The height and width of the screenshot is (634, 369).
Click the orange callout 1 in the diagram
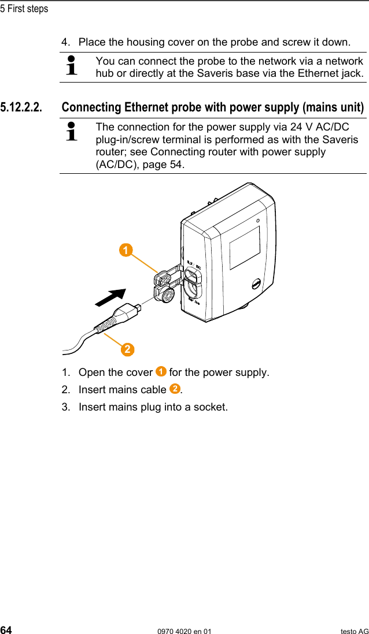pyautogui.click(x=125, y=250)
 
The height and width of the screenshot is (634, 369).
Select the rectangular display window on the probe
pyautogui.click(x=245, y=248)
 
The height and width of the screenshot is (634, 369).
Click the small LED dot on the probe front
pyautogui.click(x=258, y=220)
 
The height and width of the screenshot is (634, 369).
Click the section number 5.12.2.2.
pyautogui.click(x=21, y=107)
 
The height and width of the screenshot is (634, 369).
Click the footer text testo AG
pyautogui.click(x=354, y=631)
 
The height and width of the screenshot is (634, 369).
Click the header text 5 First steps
pyautogui.click(x=24, y=9)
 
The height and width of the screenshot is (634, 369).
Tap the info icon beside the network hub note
pyautogui.click(x=72, y=66)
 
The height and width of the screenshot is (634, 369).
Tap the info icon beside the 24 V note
pyautogui.click(x=72, y=131)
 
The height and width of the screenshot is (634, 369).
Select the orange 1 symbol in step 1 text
pyautogui.click(x=161, y=371)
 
